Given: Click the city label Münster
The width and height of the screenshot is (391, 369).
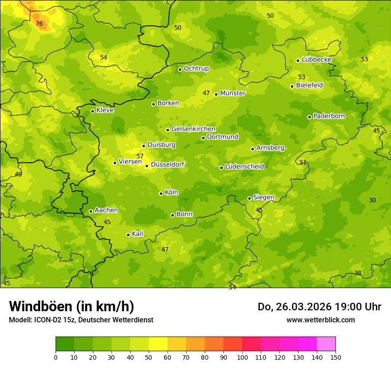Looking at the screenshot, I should (x=233, y=93).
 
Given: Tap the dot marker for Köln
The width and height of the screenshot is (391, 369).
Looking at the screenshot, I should (x=161, y=193).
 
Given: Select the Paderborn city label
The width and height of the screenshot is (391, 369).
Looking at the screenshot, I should (x=329, y=116).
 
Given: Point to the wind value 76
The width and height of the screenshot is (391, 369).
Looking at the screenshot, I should (x=39, y=24).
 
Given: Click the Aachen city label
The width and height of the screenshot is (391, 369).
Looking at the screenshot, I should (x=106, y=210).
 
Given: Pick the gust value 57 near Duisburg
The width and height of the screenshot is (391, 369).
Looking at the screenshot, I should (x=140, y=156).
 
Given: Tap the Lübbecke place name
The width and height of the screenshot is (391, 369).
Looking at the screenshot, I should (x=316, y=60).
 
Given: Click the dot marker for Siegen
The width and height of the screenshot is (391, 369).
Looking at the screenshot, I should (x=249, y=198).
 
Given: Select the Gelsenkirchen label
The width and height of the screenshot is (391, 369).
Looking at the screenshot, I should (x=193, y=129).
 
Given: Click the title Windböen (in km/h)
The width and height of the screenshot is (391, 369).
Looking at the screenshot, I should (x=72, y=306).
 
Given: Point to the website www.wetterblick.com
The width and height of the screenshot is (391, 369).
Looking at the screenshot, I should (x=320, y=320).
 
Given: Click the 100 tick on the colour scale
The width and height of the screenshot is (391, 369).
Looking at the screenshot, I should (x=242, y=357).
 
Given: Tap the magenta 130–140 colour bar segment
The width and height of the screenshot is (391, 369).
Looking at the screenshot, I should (x=307, y=344).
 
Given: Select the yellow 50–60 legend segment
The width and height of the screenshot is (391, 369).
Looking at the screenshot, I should (x=158, y=344).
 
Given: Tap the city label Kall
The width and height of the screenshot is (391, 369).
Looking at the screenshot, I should (x=137, y=234).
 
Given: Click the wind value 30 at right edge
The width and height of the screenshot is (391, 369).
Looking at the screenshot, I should (x=372, y=200).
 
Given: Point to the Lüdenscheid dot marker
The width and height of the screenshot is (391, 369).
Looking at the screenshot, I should (x=221, y=168).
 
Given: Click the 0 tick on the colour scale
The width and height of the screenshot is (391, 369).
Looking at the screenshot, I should (x=56, y=357).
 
